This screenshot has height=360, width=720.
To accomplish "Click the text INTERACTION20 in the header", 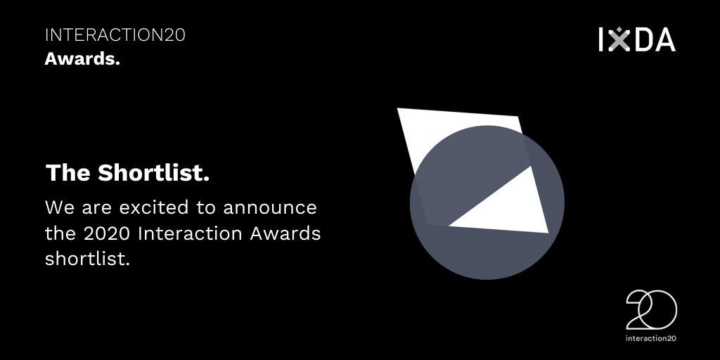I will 115,35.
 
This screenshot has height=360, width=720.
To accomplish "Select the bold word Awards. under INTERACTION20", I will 82,59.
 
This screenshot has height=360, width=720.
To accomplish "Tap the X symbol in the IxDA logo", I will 619,39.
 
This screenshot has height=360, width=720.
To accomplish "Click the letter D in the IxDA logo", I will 641,39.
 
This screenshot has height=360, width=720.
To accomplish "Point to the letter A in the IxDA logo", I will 663,39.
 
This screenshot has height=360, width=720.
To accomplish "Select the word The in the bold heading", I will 68,174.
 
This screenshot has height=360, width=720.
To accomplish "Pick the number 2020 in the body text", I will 103,233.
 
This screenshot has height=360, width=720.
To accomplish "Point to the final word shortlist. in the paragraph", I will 88,258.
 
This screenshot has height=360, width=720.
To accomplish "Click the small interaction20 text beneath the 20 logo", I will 650,337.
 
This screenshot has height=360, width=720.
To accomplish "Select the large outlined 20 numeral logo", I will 651,310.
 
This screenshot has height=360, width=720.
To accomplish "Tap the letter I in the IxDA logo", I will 602,39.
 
